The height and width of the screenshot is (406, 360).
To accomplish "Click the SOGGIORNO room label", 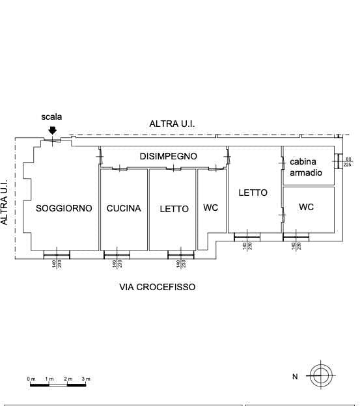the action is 64,208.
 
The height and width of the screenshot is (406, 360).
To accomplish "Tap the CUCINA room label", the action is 124,208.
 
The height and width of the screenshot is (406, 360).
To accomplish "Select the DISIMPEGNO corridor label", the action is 169,156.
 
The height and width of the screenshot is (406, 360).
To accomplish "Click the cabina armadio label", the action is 306,167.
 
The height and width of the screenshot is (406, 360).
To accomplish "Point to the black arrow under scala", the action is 53,131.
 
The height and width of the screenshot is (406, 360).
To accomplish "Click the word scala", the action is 51,116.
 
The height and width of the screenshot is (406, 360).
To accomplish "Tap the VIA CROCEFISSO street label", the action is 157,287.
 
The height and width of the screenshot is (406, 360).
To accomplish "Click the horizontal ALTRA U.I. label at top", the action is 172,124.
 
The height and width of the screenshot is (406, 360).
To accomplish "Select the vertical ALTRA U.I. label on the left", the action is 4,202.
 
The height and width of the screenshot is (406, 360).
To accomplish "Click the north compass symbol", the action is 321,375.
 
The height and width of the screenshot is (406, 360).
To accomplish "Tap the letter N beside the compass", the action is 295,377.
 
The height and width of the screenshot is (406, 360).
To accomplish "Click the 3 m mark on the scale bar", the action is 86,379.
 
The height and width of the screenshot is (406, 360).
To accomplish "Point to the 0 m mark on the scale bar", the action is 31,379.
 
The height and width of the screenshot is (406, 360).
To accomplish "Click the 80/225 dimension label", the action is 348,162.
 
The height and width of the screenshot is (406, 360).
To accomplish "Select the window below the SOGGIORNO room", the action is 57,255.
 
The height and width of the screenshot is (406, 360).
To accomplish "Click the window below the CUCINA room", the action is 117,255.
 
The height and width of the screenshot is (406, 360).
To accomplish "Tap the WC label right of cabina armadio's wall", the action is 306,207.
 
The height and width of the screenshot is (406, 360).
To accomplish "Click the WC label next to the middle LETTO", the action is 210,208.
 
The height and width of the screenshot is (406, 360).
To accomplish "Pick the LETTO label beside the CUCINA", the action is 174,209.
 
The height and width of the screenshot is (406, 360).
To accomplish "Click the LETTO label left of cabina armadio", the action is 253,193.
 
